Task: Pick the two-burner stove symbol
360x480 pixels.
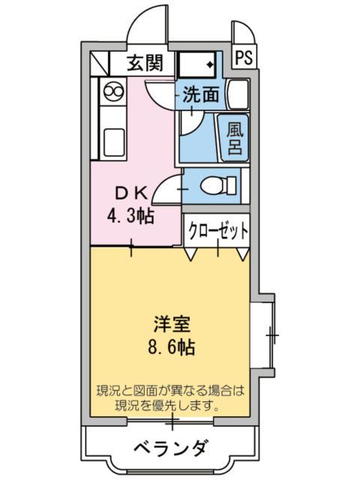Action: click(x=114, y=92)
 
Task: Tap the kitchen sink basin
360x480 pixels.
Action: click(x=114, y=140)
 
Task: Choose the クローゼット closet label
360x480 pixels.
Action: click(x=217, y=230)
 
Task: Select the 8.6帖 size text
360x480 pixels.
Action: click(x=172, y=348)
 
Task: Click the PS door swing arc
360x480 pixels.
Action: click(x=241, y=33)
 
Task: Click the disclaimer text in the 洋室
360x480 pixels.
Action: click(x=171, y=399)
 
